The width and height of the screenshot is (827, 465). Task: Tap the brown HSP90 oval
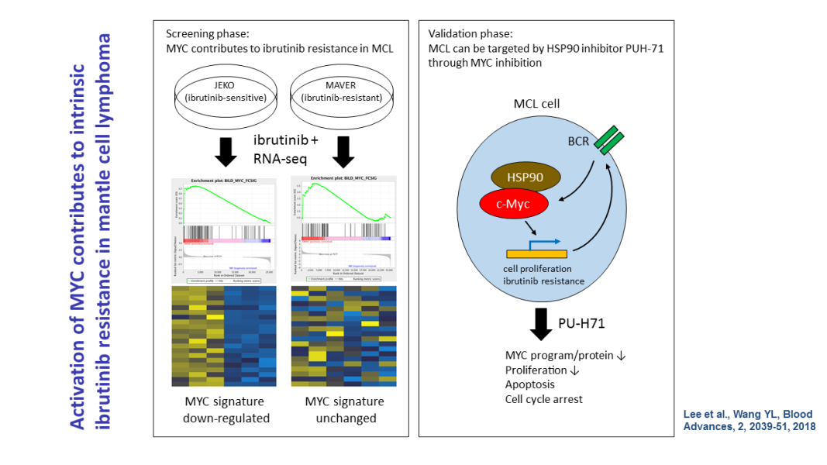[523, 177]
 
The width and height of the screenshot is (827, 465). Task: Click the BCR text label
[578, 143]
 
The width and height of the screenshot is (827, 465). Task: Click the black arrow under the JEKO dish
[226, 152]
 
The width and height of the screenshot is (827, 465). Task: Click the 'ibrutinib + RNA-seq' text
[283, 150]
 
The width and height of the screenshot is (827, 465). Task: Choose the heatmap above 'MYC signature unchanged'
[343, 337]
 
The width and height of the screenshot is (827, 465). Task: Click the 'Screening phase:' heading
[207, 34]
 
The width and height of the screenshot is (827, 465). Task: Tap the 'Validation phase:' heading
[470, 34]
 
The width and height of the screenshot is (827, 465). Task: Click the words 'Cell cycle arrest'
[543, 398]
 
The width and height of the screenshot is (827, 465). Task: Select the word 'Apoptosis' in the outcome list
[530, 384]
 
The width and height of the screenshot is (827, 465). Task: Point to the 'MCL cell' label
[536, 104]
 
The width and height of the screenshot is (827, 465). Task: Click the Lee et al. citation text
[748, 419]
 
